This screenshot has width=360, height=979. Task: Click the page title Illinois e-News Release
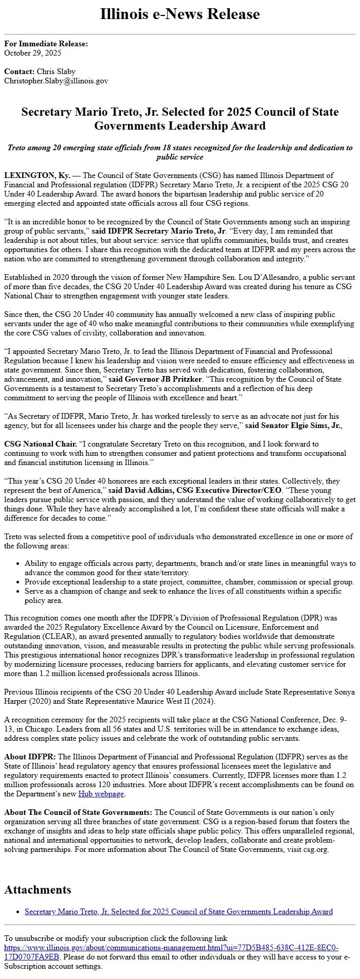180,14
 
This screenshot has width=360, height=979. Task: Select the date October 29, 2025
32,52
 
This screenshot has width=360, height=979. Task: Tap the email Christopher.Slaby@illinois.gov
56,81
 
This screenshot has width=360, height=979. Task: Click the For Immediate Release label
46,44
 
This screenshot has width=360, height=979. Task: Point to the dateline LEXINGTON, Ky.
37,175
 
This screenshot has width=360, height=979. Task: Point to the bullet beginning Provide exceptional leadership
189,582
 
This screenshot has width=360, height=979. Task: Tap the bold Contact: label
19,72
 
